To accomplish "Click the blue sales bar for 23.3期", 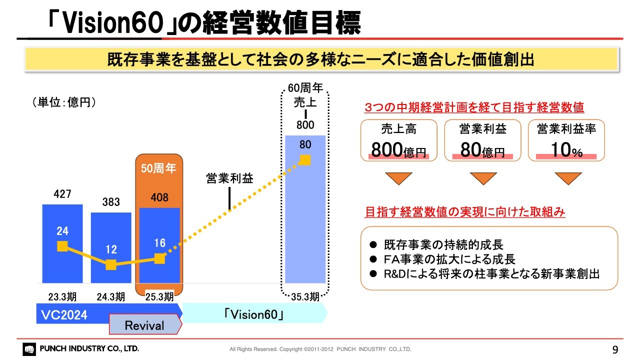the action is tap(62, 243).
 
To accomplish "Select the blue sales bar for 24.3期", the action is tap(111, 247).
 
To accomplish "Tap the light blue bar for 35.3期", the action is tap(305, 209).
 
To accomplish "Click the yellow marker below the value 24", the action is tap(62, 246).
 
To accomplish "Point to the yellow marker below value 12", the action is tap(111, 264).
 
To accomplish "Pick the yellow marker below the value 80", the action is tap(305, 160).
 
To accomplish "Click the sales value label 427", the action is tap(62, 194).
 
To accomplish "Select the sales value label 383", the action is tap(111, 202).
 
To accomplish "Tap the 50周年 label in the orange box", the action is tap(158, 168).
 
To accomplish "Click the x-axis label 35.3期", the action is tap(305, 297).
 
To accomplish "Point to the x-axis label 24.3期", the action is tap(111, 297).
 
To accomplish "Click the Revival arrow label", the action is tap(144, 325).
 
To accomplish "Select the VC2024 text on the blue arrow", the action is tap(64, 315).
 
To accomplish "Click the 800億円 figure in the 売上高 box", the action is tap(398, 150).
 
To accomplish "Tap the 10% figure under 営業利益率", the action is tap(566, 150).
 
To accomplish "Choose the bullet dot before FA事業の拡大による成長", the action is tap(373, 259).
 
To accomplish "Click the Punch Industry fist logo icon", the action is tap(29, 349).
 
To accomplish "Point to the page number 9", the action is tap(615, 349).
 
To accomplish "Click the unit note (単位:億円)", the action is tap(64, 102).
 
